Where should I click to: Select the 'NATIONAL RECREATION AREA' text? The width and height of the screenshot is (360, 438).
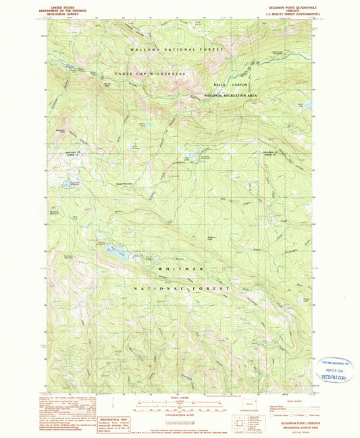(231, 96)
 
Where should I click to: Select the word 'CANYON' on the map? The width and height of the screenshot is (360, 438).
(241, 84)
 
